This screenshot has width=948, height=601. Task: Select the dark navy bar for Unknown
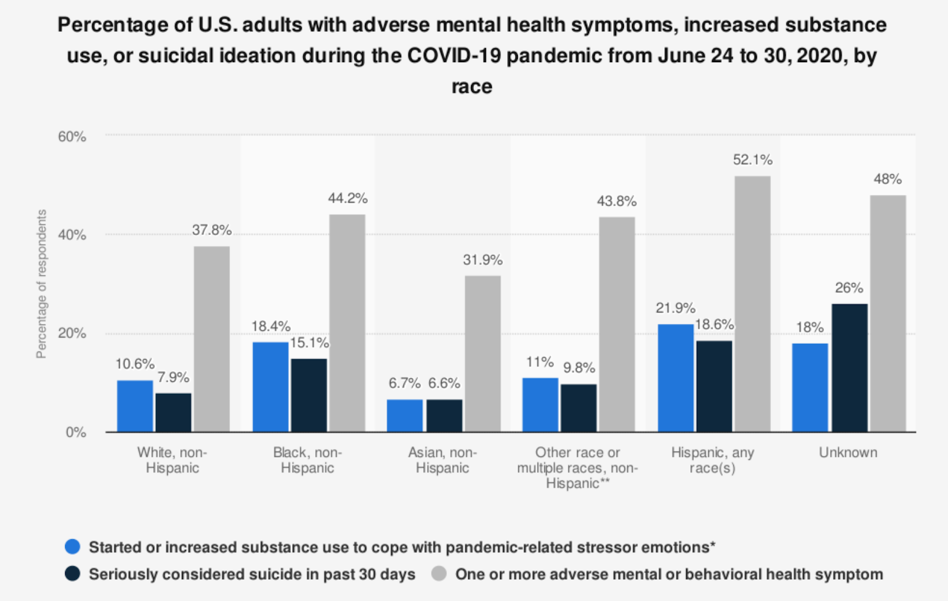click(849, 368)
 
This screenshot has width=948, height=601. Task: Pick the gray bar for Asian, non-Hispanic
click(482, 353)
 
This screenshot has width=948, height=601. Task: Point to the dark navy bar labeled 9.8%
click(578, 408)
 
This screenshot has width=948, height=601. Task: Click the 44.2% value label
click(348, 198)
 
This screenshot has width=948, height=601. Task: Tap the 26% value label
click(848, 288)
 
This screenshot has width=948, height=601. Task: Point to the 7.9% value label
click(173, 378)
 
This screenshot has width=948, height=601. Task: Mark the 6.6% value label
click(444, 384)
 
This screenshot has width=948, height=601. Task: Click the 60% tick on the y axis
click(72, 137)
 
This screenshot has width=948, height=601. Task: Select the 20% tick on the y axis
click(72, 333)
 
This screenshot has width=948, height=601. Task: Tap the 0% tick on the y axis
click(76, 432)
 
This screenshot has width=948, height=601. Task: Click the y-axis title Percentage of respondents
click(41, 284)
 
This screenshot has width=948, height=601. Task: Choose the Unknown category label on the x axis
click(848, 452)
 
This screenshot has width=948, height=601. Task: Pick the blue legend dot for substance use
click(72, 547)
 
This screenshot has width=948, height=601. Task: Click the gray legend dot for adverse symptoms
click(439, 574)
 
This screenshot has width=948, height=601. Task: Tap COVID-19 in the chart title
click(454, 56)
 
